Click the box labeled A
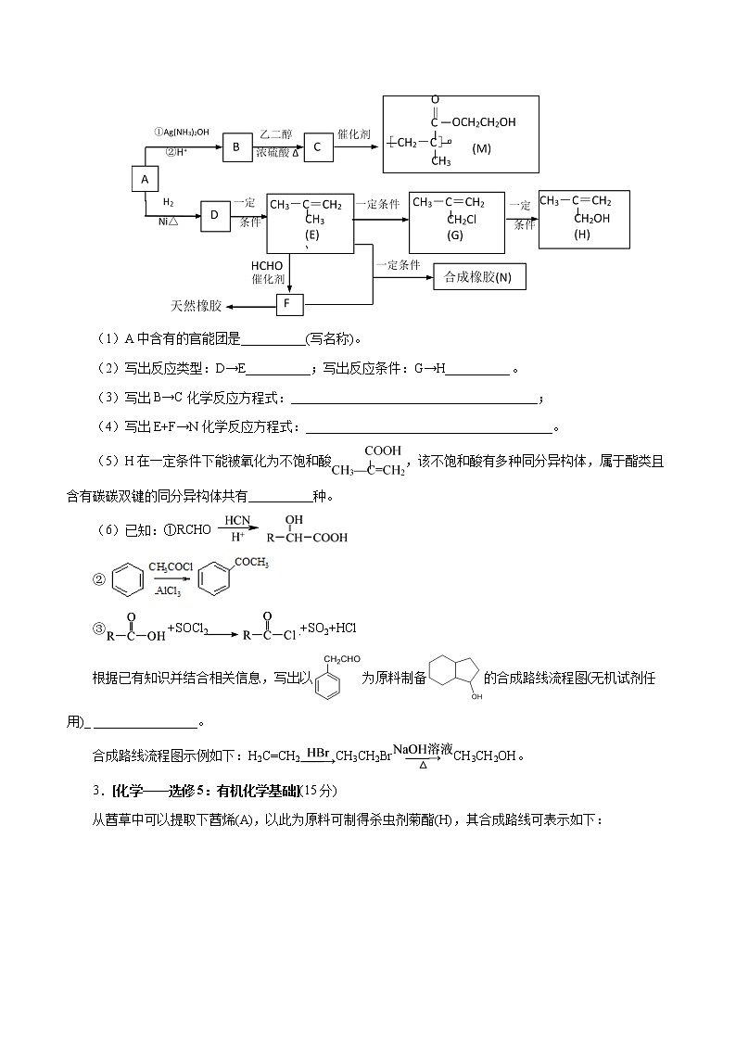tap(145, 179)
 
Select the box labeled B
tap(236, 146)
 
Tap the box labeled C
tap(318, 146)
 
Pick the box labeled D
tap(214, 215)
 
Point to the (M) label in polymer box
tap(481, 148)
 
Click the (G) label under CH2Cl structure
tap(454, 235)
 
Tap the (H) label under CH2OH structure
tap(581, 235)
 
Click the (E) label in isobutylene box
tap(311, 235)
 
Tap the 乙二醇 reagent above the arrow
tap(276, 133)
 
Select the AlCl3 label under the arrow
tap(168, 590)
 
